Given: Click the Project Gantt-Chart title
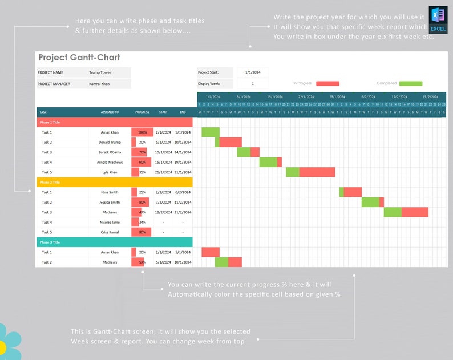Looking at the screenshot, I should (x=79, y=58).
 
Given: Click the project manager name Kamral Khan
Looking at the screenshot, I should (x=99, y=84).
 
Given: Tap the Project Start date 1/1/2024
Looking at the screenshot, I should (x=252, y=72).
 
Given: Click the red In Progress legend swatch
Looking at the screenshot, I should (x=327, y=83).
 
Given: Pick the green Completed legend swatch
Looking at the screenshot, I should (x=411, y=83).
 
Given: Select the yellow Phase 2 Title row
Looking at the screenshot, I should (x=114, y=182).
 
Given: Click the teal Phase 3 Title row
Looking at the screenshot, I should (x=114, y=242).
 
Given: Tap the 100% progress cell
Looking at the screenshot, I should (x=142, y=132).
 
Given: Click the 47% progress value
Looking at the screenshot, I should (x=142, y=212).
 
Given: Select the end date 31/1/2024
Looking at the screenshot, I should (x=183, y=172).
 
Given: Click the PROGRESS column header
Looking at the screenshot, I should (x=142, y=112).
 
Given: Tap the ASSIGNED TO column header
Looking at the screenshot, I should (x=110, y=112).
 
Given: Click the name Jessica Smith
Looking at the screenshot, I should (x=110, y=202).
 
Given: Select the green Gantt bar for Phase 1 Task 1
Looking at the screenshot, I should (x=210, y=132).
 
